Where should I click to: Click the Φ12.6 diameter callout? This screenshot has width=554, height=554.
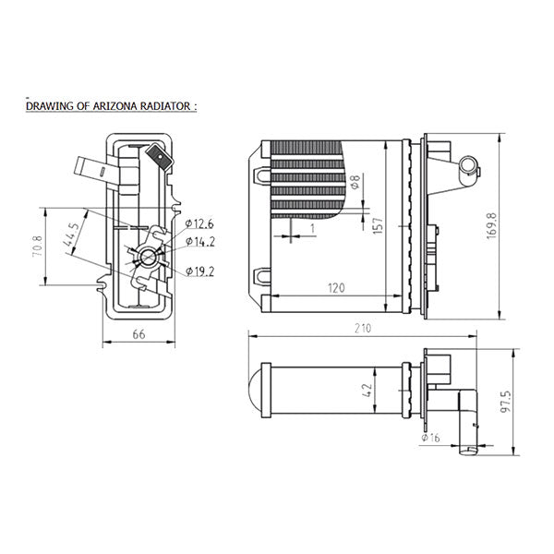tap(199, 223)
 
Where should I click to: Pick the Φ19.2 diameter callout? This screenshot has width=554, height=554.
tap(199, 271)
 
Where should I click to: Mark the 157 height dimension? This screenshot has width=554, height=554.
tap(377, 225)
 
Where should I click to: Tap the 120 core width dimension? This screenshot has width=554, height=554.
tap(335, 287)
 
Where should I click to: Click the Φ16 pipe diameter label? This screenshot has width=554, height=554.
tap(430, 438)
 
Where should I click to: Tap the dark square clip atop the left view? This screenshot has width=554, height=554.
tap(162, 157)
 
